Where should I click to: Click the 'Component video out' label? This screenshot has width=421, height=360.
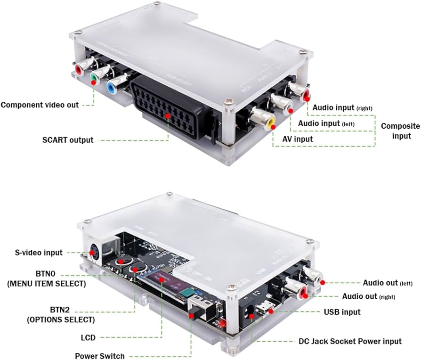point(40,105)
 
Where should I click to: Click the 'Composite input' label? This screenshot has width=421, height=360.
point(400,131)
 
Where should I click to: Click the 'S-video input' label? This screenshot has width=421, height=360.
point(39,253)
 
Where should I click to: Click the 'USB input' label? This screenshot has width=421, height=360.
point(342,312)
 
